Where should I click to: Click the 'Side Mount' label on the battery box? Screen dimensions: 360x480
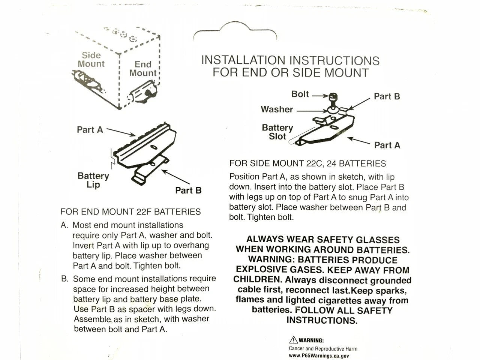pos(91,60)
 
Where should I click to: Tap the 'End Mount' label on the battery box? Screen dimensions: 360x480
pos(143,69)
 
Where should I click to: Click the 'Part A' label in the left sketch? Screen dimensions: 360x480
pos(90,130)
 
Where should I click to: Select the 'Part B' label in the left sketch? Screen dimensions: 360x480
pos(188,190)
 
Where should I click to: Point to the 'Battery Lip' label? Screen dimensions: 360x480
pos(93,180)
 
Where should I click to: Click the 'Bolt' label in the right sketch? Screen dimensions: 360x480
pos(300,94)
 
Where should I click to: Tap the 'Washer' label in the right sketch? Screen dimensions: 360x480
pos(277,109)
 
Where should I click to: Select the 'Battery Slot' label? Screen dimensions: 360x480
pos(277,132)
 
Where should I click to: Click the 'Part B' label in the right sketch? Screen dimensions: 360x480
pos(387,96)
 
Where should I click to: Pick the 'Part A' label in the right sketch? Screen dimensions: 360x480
pos(387,145)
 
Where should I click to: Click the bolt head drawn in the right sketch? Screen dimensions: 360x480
pos(333,97)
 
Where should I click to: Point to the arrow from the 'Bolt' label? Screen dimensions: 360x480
pos(319,95)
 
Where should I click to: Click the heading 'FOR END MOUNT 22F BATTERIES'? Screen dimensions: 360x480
pos(130,211)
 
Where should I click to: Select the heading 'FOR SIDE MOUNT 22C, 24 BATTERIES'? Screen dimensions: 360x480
pos(307,163)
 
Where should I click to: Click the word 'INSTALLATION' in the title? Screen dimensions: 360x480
pos(243,60)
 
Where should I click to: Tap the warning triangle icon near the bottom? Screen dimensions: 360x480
pos(293,340)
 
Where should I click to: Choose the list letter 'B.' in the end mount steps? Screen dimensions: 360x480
pos(65,279)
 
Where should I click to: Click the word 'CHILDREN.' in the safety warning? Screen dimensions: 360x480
pos(258,280)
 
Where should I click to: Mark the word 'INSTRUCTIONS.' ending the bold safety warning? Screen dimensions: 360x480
pos(322,320)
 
